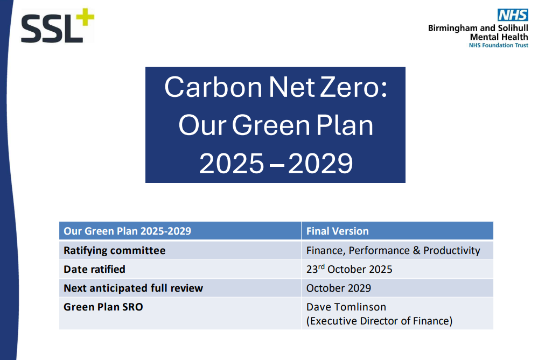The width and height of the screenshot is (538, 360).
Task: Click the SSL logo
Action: tap(58, 25)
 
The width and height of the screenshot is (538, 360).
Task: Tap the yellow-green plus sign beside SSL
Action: tap(85, 17)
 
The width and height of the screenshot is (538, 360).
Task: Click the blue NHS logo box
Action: tap(513, 15)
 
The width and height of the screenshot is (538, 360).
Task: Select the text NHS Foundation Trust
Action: tap(499, 45)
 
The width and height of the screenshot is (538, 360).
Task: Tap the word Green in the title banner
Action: tap(271, 125)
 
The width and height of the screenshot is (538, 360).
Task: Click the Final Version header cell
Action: tap(337, 231)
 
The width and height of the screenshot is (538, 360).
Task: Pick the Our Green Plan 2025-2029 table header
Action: tap(127, 231)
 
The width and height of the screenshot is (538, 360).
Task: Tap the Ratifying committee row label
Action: tap(115, 251)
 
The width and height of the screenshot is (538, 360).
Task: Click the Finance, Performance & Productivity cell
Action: tap(393, 251)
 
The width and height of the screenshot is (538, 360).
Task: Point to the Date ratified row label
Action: tap(94, 270)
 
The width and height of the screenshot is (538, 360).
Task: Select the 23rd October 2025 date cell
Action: tap(350, 269)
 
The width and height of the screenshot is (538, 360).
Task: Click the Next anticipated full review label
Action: tap(133, 288)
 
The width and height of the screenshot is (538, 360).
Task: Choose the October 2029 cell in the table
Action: tap(339, 288)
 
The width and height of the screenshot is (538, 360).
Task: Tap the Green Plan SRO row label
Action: tap(103, 307)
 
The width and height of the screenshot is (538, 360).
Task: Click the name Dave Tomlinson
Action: tap(346, 307)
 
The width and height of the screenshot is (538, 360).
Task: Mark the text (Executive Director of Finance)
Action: tap(380, 321)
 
